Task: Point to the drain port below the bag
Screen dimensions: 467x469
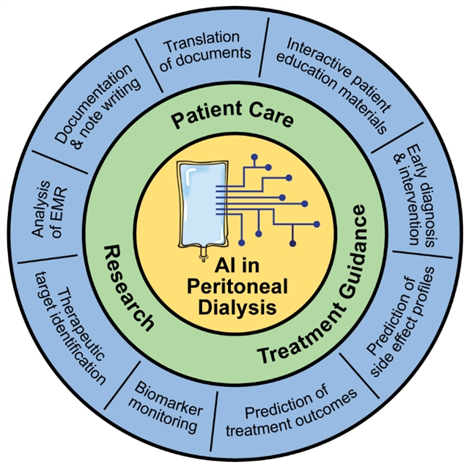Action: (x=199, y=257)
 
